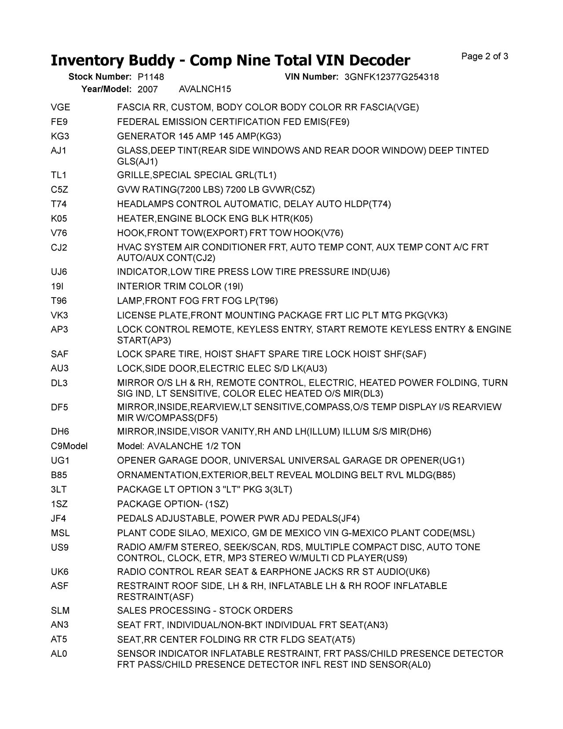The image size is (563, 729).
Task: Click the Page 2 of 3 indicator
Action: (x=485, y=56)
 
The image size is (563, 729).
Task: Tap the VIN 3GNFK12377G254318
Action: (x=391, y=77)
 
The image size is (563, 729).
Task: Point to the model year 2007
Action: (x=147, y=89)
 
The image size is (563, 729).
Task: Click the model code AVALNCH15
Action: (x=205, y=89)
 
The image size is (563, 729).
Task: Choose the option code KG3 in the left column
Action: (x=59, y=136)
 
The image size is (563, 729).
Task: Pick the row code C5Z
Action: (x=59, y=190)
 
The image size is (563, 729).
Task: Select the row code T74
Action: (x=59, y=204)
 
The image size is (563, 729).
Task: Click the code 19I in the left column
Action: (x=57, y=287)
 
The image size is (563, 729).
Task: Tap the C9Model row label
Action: (x=69, y=446)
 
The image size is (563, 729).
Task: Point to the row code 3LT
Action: (x=59, y=490)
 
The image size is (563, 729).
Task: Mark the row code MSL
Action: (x=60, y=533)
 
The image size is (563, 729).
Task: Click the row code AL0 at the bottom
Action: (x=59, y=654)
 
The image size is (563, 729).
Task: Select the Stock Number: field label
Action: (x=100, y=77)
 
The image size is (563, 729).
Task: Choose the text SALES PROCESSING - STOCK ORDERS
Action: (x=205, y=611)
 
